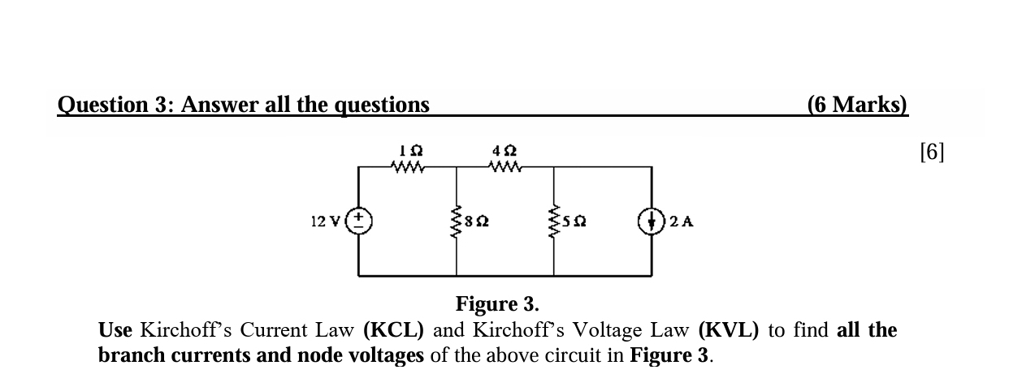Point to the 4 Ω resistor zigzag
505,168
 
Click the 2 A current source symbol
652,220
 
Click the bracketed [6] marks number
933,152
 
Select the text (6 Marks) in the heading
858,105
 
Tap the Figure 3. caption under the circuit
497,305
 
